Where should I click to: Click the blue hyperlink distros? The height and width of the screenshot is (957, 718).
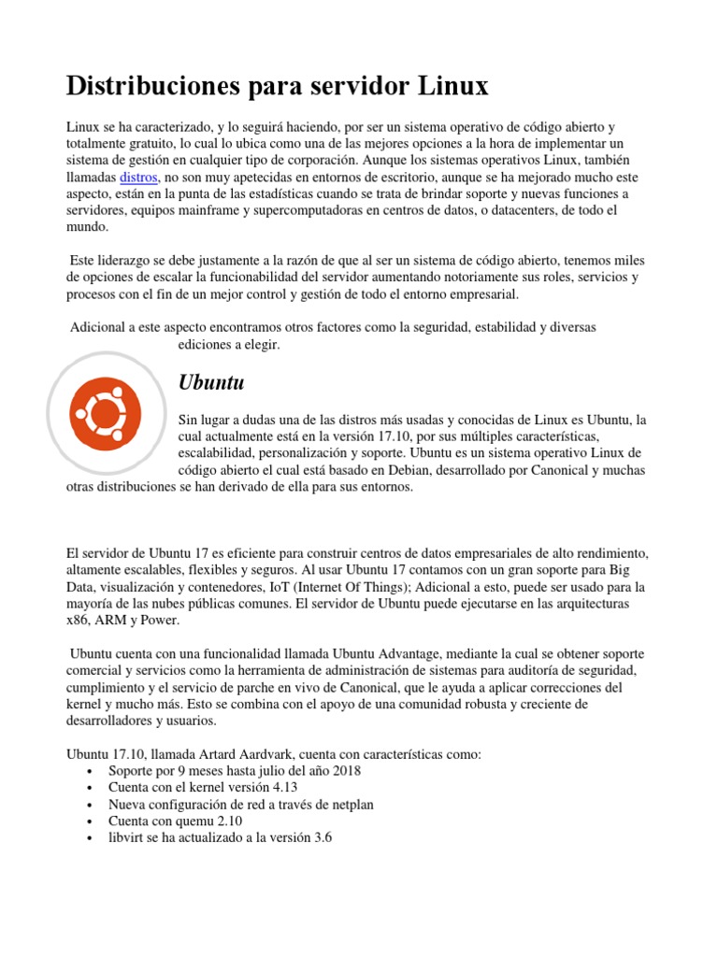[139, 177]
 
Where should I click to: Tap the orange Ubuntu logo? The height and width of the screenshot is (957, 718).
[106, 410]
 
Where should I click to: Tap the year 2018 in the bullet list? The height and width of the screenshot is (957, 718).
[343, 770]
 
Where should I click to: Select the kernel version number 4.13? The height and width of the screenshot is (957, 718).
[278, 787]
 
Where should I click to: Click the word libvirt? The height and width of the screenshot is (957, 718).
[127, 837]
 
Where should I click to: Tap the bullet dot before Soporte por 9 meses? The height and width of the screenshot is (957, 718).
[88, 771]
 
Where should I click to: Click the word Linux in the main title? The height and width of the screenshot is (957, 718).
[452, 87]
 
